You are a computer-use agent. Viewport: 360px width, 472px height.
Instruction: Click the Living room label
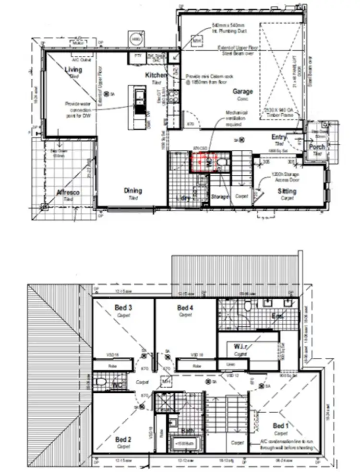(x=73, y=70)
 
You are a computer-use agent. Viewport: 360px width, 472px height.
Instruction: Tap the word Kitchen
(x=156, y=75)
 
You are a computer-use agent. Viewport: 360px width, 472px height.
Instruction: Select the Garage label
(x=243, y=91)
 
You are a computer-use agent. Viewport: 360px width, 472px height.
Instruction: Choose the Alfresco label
(x=67, y=192)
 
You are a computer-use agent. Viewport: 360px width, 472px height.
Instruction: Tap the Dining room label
(x=133, y=191)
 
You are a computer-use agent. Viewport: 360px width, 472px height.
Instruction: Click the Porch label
(x=317, y=147)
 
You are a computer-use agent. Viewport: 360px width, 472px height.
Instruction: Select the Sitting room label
(x=287, y=191)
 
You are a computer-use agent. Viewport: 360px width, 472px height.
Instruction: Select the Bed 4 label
(x=185, y=307)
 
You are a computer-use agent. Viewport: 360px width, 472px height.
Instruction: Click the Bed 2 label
(x=123, y=439)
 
